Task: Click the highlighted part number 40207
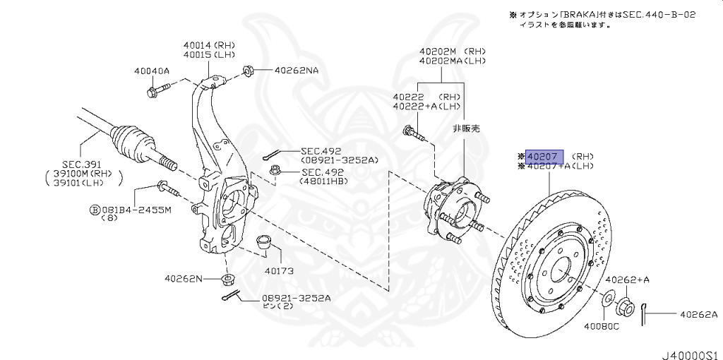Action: tap(544, 157)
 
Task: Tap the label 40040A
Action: tap(152, 71)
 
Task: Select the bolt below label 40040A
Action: tap(157, 90)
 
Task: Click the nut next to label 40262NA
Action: tap(249, 70)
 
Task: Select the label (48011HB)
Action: tap(324, 181)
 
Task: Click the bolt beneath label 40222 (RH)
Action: tap(412, 132)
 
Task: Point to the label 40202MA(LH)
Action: tap(452, 61)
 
